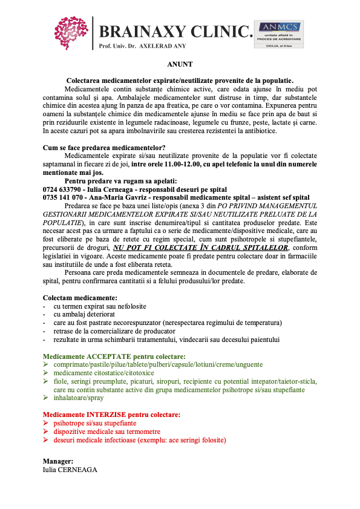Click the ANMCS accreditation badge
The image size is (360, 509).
pos(279,34)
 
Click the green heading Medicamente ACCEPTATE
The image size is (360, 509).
pos(114,356)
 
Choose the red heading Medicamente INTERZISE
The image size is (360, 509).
pos(111,415)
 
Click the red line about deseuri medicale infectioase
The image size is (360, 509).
pos(139,441)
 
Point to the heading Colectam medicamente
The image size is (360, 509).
pos(80,298)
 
